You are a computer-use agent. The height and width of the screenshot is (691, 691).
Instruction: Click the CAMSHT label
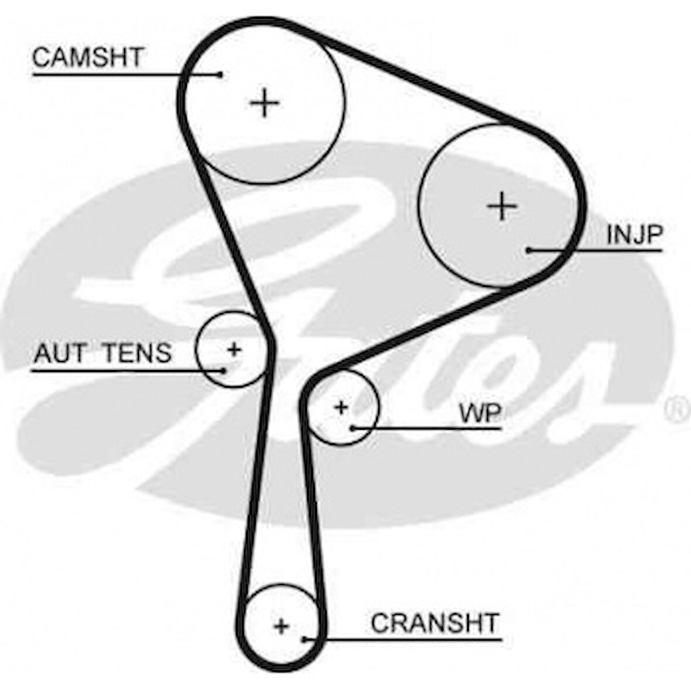point(87,57)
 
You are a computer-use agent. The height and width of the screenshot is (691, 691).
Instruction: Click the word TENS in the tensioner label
point(137,353)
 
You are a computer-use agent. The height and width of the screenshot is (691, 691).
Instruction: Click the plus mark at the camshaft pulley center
point(265,104)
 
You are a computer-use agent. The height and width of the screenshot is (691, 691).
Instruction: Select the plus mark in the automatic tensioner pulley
point(234,350)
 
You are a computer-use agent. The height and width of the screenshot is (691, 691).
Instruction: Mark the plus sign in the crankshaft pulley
point(282,626)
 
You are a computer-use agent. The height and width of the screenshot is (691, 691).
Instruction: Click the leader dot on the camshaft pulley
point(220,74)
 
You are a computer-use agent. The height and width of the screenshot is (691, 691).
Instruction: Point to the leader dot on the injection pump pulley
point(528,250)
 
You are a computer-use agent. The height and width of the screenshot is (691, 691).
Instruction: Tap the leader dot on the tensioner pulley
point(224,370)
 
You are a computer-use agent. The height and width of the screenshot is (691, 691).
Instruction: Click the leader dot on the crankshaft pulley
point(305,639)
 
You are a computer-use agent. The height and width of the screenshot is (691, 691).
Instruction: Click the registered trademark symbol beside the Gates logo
point(679,409)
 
